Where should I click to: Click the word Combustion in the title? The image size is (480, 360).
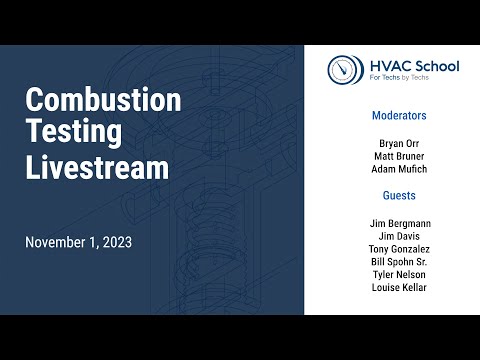(x=103, y=100)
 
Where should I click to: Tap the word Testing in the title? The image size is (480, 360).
(x=73, y=133)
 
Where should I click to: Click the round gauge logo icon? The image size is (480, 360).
(x=344, y=70)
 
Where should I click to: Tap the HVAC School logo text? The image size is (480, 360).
(x=412, y=66)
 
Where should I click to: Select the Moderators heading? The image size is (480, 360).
(x=399, y=116)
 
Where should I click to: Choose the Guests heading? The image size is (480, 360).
(x=399, y=196)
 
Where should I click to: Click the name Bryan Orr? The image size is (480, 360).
(x=399, y=143)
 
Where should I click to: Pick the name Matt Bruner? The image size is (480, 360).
(x=399, y=156)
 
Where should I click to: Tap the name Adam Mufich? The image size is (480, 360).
(x=399, y=169)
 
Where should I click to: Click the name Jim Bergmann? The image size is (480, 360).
(x=399, y=223)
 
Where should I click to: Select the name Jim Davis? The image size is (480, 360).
(x=399, y=236)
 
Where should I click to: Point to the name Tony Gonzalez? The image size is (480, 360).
(x=399, y=249)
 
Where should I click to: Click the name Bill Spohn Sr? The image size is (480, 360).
(x=399, y=262)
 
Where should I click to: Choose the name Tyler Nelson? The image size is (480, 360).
(x=399, y=275)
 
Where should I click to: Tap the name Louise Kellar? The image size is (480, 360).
(x=399, y=288)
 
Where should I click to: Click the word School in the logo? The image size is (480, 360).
(x=433, y=66)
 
